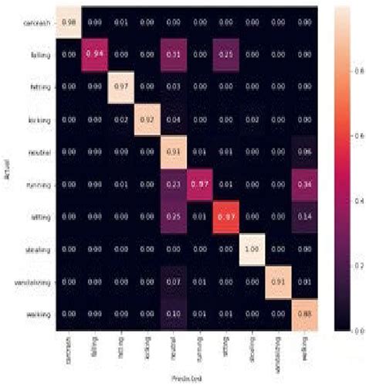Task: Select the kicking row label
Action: coord(36,122)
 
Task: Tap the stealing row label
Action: coord(35,251)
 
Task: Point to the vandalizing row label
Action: coord(29,284)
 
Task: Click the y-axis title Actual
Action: coord(6,170)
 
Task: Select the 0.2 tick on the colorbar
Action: coord(356,264)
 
